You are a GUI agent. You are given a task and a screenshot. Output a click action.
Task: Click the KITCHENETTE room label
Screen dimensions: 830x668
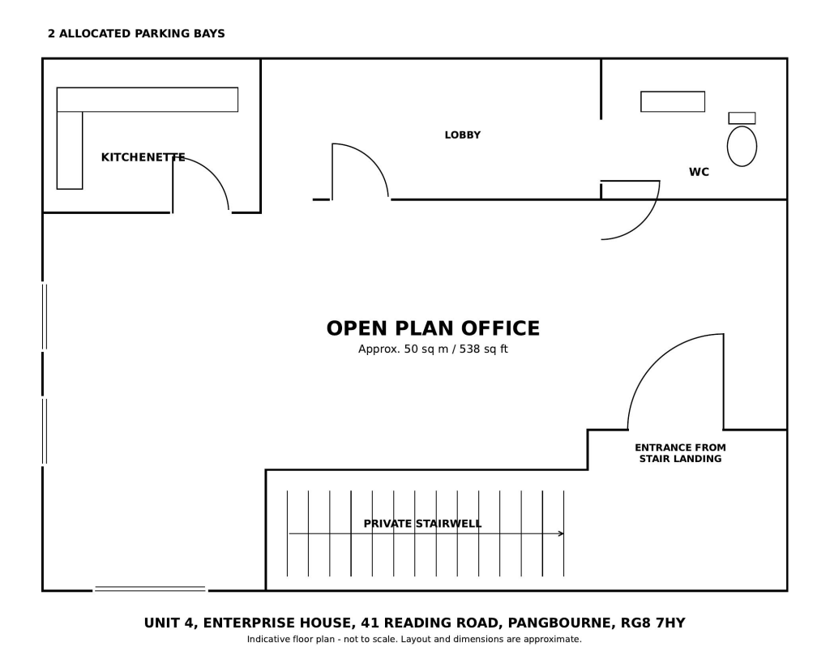click(x=143, y=157)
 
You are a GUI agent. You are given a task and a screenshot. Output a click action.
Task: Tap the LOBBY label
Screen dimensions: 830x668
click(x=463, y=135)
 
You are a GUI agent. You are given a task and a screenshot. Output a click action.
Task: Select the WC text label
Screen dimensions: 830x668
click(x=699, y=172)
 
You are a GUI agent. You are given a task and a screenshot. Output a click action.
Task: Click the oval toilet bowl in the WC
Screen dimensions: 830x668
click(x=742, y=146)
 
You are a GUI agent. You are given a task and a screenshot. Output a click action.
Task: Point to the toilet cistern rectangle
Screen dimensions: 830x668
click(x=742, y=118)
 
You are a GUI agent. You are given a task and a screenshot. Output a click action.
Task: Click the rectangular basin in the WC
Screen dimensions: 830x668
click(x=673, y=101)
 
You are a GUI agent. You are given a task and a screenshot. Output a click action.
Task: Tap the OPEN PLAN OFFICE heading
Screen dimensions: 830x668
click(x=433, y=328)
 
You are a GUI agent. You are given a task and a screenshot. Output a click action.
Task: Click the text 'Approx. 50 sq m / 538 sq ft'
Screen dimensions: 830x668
click(x=433, y=349)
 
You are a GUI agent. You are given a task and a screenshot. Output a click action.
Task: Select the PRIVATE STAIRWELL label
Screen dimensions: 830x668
click(x=422, y=524)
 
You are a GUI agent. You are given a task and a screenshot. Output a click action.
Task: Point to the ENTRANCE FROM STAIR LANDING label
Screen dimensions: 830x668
click(x=680, y=453)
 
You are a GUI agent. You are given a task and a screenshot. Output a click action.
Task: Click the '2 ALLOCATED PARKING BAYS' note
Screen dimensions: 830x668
click(x=136, y=33)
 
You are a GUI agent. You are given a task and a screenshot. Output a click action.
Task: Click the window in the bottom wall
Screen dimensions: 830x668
click(x=150, y=589)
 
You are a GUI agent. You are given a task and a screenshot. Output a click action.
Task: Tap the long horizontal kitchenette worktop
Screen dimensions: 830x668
click(x=148, y=100)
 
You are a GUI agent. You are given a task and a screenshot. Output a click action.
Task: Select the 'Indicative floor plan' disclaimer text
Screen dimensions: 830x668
click(x=414, y=640)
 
